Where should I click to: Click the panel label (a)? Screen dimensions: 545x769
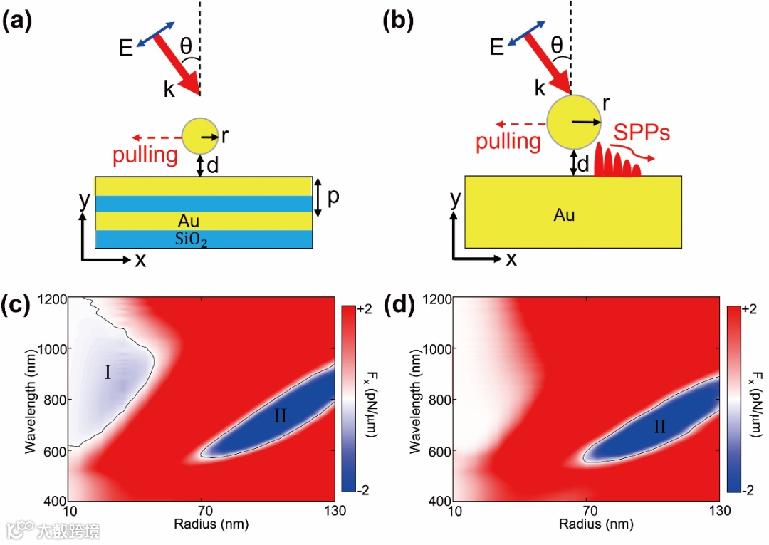[18, 21]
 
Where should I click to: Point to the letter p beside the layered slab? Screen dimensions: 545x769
[333, 197]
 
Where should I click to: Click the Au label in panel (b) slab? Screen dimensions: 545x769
[564, 214]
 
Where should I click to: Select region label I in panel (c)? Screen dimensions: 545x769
[108, 372]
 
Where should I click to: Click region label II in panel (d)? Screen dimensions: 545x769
[659, 427]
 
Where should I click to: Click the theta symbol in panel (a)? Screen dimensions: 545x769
[186, 46]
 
